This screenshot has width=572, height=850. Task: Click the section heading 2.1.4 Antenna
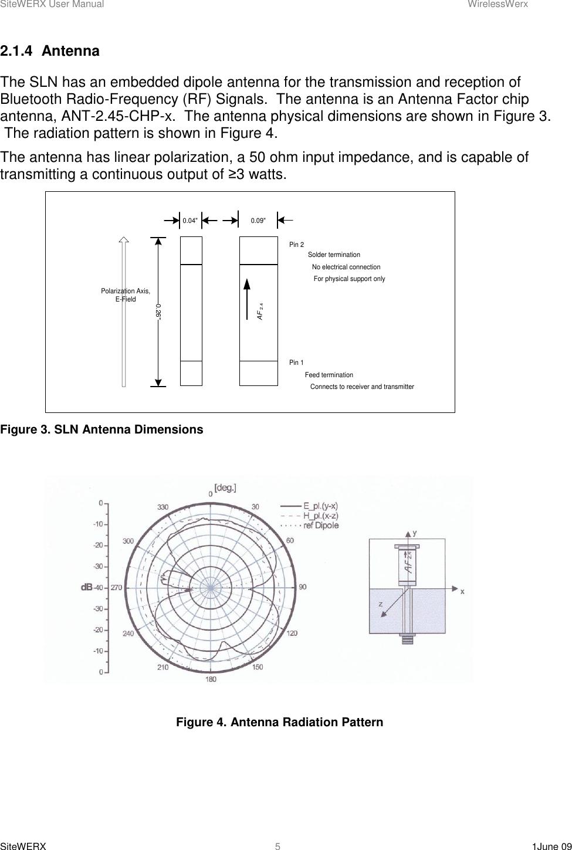coord(50,51)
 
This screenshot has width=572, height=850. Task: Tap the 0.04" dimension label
coord(190,221)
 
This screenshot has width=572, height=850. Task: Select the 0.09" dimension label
coord(258,221)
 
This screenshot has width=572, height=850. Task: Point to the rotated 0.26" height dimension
coord(159,311)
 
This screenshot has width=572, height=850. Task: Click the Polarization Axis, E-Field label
coord(126,295)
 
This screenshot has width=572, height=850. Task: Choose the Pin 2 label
coord(296,245)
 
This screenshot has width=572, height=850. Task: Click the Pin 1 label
coord(296,363)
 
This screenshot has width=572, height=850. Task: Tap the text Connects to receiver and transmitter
coord(362,387)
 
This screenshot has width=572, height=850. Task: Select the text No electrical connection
coord(346,267)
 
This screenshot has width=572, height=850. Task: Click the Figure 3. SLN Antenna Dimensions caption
coord(101,429)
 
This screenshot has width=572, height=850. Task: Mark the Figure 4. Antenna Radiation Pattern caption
coord(279,722)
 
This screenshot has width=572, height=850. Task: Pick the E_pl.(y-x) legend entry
coord(320,506)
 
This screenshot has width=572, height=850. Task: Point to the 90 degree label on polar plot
coord(303,587)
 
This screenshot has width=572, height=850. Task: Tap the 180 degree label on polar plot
coord(211,679)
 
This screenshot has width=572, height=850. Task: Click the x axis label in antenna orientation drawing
coord(462,591)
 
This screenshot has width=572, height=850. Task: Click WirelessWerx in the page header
coord(506,4)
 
